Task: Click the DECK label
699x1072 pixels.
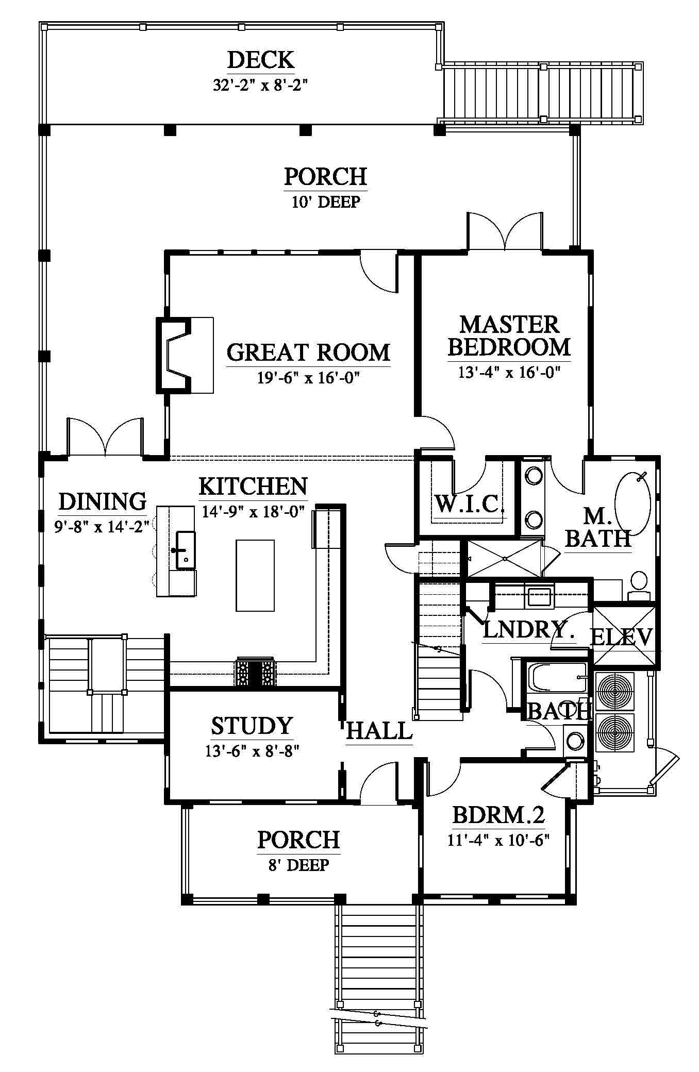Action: [x=261, y=60]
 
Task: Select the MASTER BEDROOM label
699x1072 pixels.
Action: [x=509, y=336]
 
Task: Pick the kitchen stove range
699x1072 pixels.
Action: [x=255, y=672]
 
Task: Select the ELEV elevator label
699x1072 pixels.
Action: [x=621, y=637]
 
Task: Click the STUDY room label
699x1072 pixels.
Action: [x=252, y=726]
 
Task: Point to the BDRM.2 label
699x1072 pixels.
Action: [x=498, y=816]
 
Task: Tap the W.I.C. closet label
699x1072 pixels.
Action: [x=469, y=504]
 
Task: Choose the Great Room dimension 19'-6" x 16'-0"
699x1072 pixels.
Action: [x=308, y=378]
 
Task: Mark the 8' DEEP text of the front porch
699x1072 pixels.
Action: [x=299, y=864]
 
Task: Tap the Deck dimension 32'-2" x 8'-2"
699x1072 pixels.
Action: [x=261, y=85]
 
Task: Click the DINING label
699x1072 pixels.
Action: [x=102, y=501]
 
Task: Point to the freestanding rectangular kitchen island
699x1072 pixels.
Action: [x=255, y=575]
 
